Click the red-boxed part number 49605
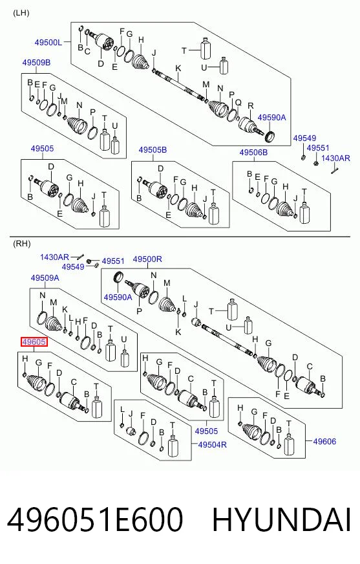tap(34, 342)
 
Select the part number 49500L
tap(48, 43)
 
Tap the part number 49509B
tap(36, 63)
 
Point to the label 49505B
tap(153, 149)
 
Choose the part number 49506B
tap(253, 153)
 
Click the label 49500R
tap(147, 259)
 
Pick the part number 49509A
tap(45, 278)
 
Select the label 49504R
tap(213, 444)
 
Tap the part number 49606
tap(324, 441)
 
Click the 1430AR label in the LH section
tap(335, 158)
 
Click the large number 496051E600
tap(95, 519)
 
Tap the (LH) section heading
tap(21, 14)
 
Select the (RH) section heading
tap(21, 243)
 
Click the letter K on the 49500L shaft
tap(178, 69)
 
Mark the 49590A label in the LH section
tap(271, 117)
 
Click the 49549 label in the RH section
tap(73, 267)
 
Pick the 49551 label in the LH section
tap(318, 148)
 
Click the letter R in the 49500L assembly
tap(251, 106)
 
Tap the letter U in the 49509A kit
tap(124, 340)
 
